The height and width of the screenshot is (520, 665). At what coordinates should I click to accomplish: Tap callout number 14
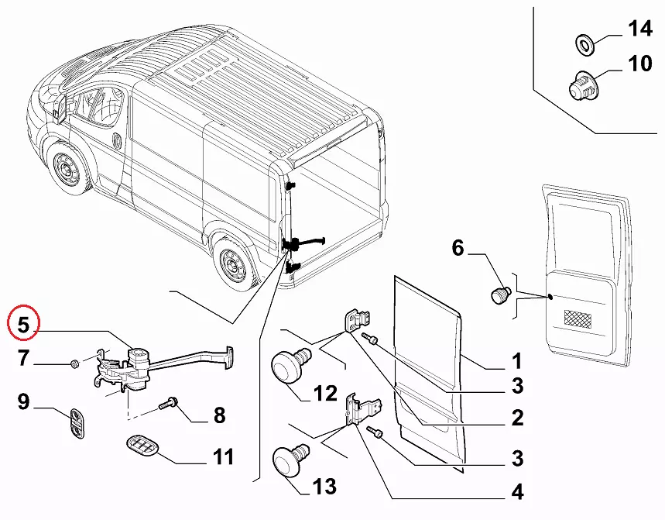tap(640, 29)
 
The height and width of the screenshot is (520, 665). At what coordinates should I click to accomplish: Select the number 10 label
tap(640, 63)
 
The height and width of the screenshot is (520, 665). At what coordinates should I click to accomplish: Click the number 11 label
tap(223, 457)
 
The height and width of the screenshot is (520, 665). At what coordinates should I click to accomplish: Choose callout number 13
tap(324, 486)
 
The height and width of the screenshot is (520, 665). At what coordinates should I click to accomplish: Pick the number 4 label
tap(516, 491)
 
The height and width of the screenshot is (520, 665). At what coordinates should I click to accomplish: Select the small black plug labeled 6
tap(499, 294)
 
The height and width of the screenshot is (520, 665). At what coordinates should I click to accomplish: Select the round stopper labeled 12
tap(290, 363)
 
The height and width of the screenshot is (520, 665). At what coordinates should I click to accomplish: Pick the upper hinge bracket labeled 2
tap(356, 320)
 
